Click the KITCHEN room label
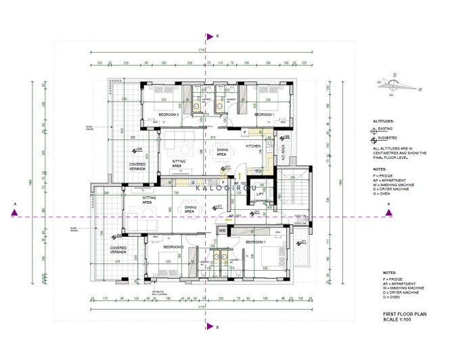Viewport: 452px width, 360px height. pos(253,146)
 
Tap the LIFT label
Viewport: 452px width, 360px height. pos(260,194)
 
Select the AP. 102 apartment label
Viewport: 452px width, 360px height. pos(240,183)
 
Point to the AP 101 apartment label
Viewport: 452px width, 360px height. pos(235,216)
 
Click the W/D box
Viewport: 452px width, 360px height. pos(222,231)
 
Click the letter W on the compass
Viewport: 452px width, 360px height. pos(397,75)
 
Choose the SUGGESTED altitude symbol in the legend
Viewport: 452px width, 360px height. pos(377,140)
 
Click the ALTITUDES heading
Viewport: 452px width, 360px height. pos(383,120)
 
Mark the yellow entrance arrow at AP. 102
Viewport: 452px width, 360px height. pos(240,175)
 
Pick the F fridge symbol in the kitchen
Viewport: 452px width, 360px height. pos(236,132)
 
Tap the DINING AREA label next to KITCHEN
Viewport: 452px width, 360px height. pos(221,152)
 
